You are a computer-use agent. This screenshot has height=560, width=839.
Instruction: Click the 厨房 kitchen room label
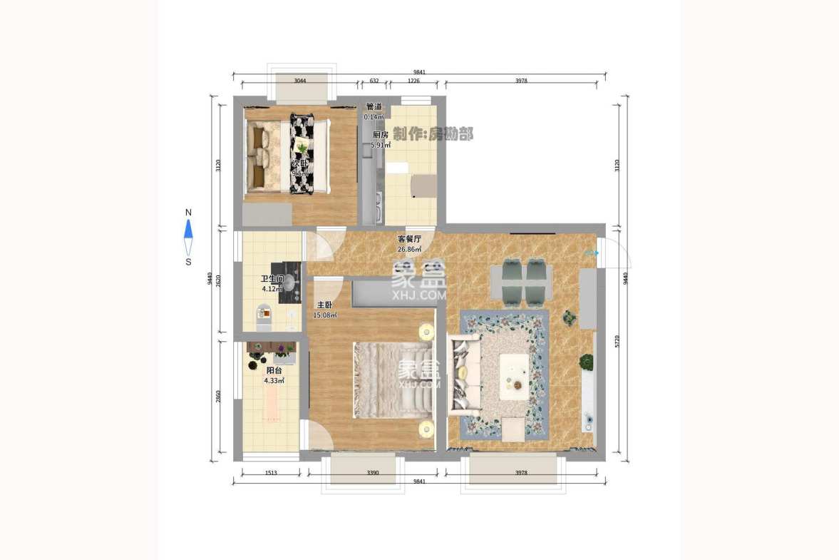pos(380,134)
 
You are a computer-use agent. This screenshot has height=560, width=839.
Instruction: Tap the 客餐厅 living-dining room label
pos(409,239)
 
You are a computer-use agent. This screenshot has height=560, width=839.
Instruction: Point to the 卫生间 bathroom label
pos(272,280)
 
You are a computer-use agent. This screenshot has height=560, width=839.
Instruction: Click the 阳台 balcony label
pos(274,371)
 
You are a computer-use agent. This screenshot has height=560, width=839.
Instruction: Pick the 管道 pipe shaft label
pos(374,107)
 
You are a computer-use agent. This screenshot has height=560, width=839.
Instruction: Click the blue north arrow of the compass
pos(188,228)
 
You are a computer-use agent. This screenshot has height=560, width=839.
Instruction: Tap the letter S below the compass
pos(188,262)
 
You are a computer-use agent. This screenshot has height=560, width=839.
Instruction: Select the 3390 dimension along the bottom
pos(372,472)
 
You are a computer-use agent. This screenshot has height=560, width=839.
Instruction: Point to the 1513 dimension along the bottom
pos(271,472)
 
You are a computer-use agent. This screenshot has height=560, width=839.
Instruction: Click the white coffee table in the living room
pos(514,376)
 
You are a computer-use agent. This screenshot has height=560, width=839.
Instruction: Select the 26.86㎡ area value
pos(409,249)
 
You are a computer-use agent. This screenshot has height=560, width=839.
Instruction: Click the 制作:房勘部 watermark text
pos(433,134)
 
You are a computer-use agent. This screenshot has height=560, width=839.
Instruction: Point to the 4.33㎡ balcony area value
pos(274,381)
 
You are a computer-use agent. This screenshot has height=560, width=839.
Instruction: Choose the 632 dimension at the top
pos(374,81)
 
